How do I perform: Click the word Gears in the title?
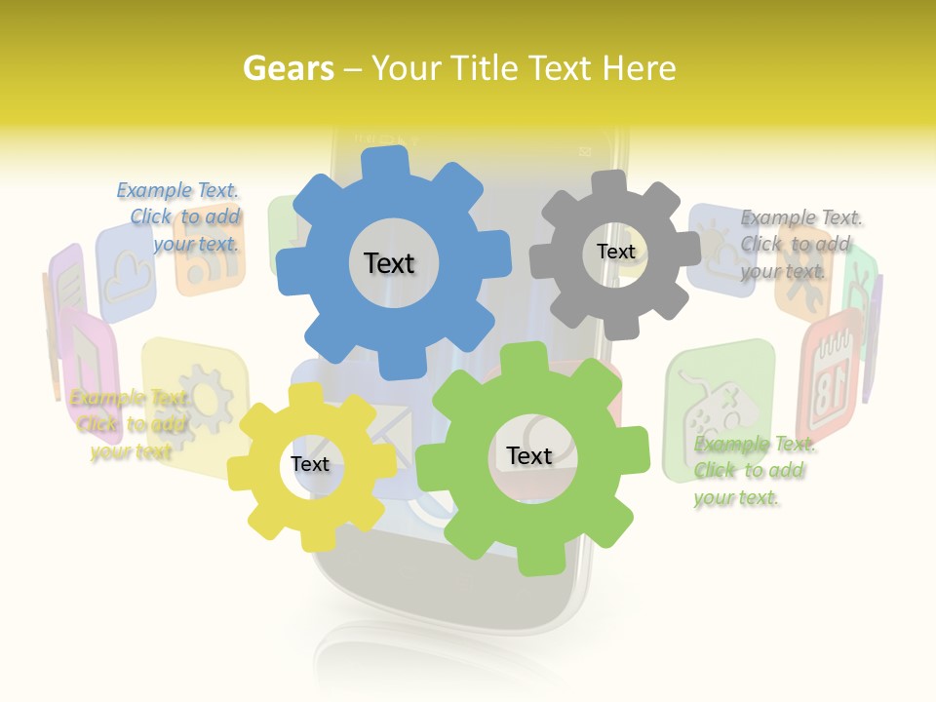tap(289, 68)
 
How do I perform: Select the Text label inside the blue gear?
tap(389, 263)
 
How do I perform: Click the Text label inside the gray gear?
tap(615, 252)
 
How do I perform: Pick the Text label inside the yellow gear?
tap(310, 464)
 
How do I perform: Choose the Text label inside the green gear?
tap(529, 455)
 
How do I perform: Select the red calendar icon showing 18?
tap(829, 370)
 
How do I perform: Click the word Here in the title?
tap(639, 68)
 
